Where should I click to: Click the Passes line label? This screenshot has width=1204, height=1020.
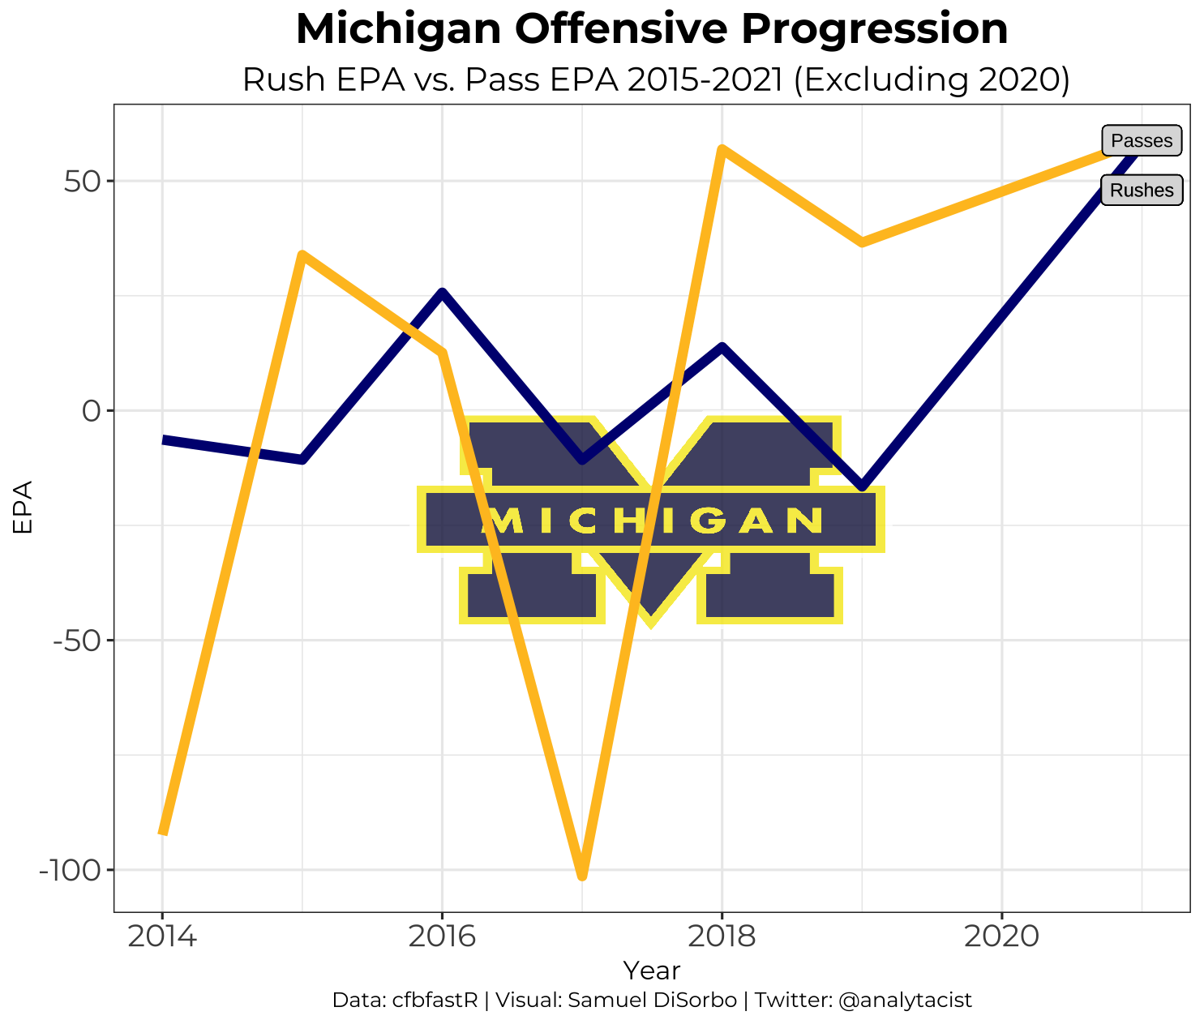(1142, 141)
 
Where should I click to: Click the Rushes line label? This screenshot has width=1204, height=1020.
(1142, 191)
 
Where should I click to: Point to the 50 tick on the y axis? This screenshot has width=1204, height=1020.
(80, 181)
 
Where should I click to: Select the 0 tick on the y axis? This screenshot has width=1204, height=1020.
(90, 411)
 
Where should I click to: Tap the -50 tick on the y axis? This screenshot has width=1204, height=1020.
(75, 641)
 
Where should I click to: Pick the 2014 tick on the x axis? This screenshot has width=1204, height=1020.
(162, 936)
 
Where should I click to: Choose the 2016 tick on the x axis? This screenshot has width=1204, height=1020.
(442, 936)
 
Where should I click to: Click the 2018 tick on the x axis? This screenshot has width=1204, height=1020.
(722, 936)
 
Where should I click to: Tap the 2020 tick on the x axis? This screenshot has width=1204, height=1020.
(1001, 936)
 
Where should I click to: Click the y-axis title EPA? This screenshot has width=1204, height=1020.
(23, 508)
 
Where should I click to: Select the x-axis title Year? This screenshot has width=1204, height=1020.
(651, 970)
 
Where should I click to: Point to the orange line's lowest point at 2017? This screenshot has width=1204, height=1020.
(582, 876)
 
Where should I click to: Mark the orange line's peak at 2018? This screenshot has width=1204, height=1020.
(722, 149)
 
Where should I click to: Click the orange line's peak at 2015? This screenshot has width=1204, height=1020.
(302, 255)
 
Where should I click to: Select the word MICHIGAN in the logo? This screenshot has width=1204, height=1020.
(651, 521)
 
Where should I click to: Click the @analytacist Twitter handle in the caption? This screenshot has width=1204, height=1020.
(905, 1001)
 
